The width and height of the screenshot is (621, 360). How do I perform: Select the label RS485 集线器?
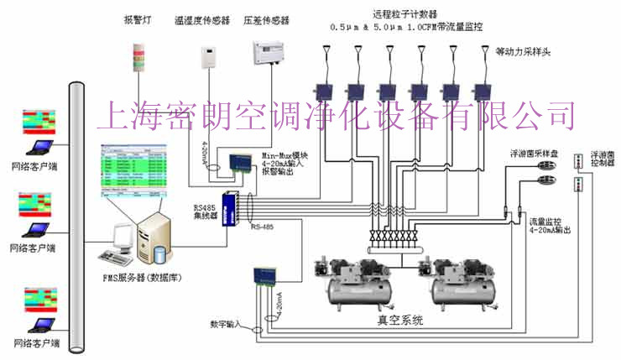tap(206, 214)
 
